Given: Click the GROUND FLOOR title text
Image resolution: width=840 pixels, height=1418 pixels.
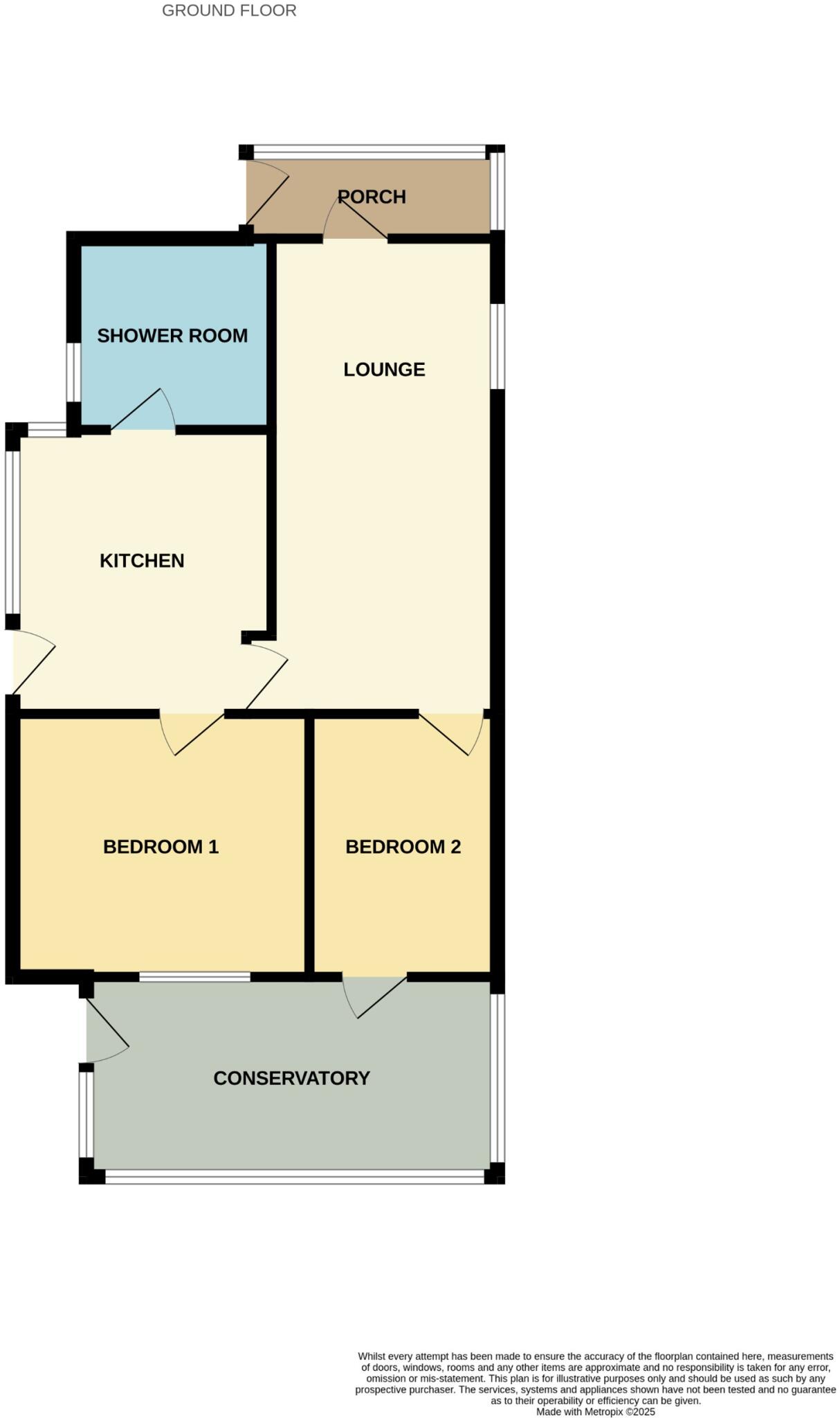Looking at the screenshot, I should click(x=229, y=10).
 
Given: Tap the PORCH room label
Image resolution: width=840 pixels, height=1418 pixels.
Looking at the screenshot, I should click(x=372, y=197).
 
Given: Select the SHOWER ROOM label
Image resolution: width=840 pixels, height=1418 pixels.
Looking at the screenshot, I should click(x=172, y=336).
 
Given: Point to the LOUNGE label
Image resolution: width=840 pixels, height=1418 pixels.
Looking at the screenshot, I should click(x=384, y=369).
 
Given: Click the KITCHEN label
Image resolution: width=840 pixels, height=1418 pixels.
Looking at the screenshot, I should click(x=142, y=560).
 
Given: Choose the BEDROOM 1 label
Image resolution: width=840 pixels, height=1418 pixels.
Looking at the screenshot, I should click(x=161, y=846).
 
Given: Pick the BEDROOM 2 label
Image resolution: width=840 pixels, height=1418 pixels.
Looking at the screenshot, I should click(x=403, y=846).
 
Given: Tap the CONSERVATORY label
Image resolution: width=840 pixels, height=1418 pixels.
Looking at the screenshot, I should click(x=291, y=1078).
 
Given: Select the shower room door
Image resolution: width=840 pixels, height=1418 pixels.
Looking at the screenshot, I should click(x=143, y=413).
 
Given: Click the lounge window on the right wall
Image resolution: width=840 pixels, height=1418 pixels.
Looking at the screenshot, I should click(x=497, y=345).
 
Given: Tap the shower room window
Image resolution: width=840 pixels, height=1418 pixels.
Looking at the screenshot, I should click(x=72, y=372).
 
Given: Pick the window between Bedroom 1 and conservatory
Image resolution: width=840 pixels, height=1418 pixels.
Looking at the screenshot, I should click(x=194, y=977).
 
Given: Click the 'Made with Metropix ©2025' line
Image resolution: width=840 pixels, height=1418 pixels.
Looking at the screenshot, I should click(x=595, y=1412).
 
